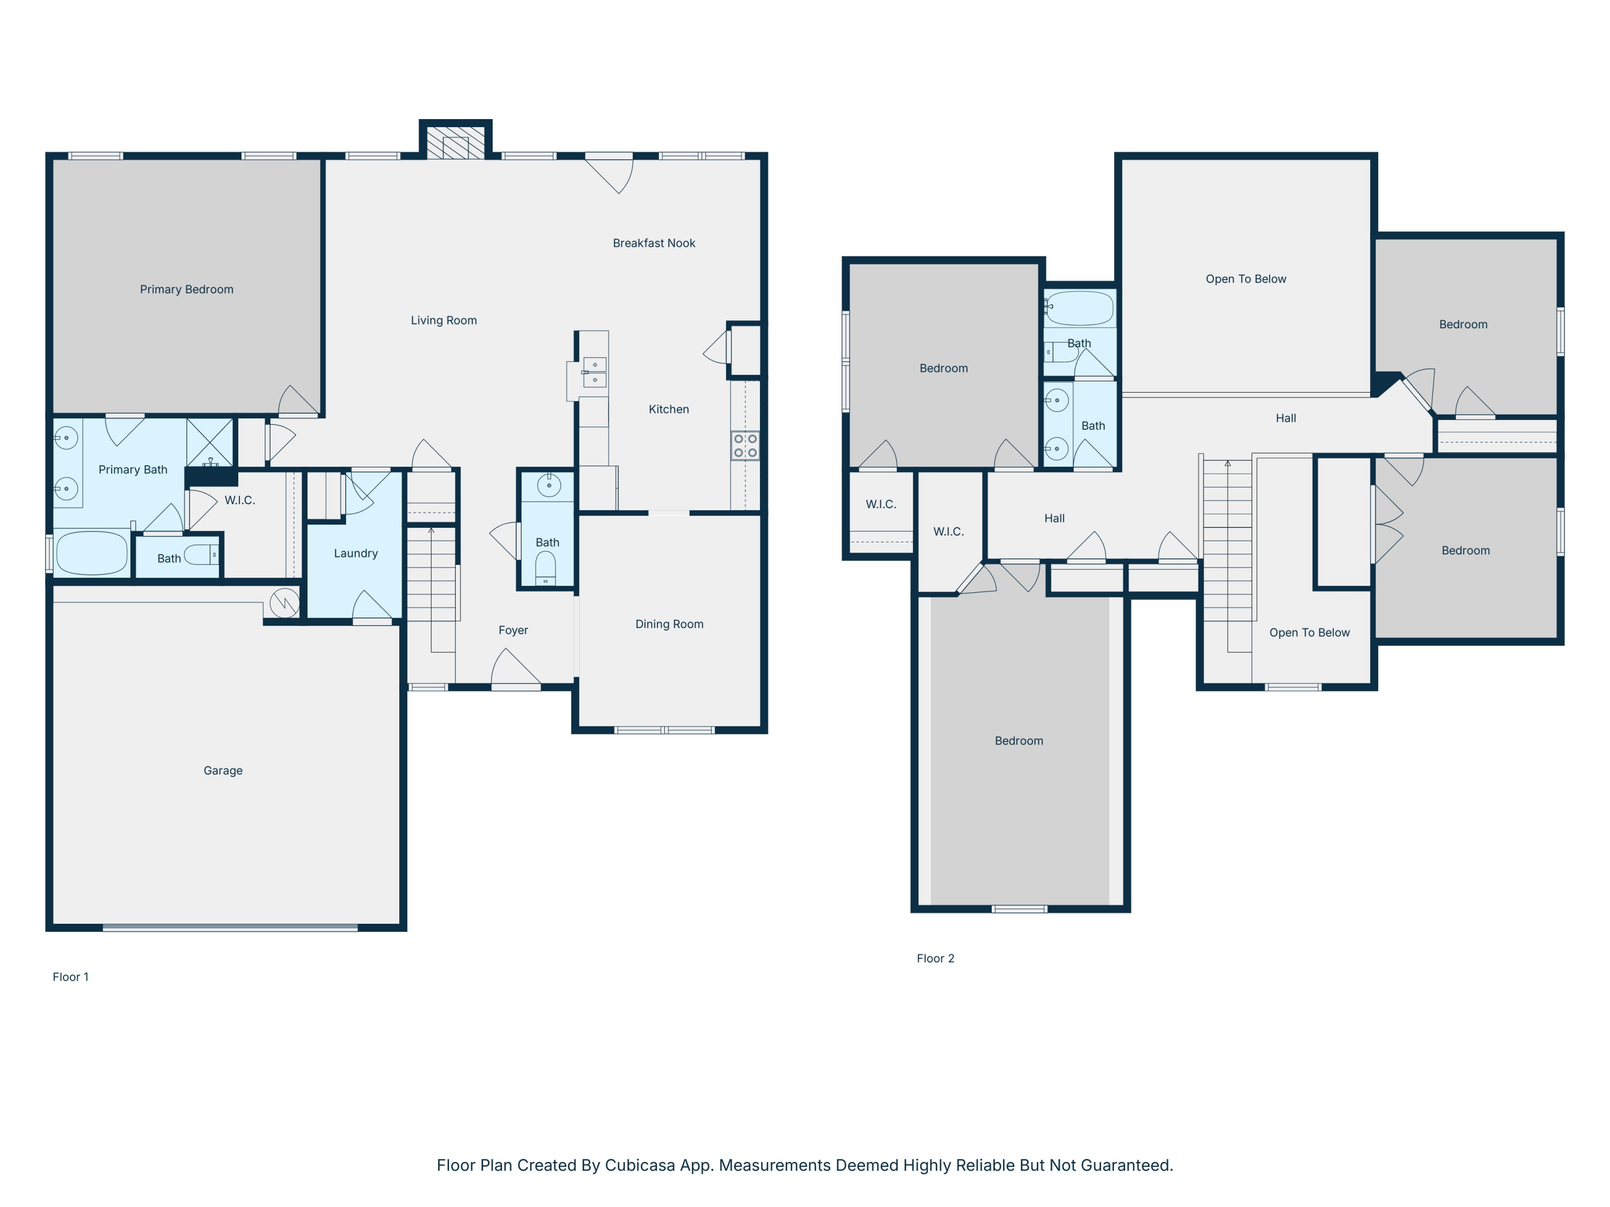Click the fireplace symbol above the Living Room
tap(456, 143)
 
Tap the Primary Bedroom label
tap(186, 290)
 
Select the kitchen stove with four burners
tap(745, 446)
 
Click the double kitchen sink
tap(595, 372)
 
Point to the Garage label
tap(223, 770)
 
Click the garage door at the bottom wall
tap(230, 928)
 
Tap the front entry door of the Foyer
tap(516, 686)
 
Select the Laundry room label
tap(355, 554)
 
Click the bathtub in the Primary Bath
tap(92, 554)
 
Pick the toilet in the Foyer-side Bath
tap(545, 568)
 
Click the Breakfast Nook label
tap(654, 243)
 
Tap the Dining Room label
tap(669, 624)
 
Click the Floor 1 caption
tap(71, 977)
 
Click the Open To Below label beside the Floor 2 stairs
tap(1309, 633)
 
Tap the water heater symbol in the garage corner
tap(284, 603)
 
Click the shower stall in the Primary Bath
tap(210, 443)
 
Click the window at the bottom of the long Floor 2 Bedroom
tap(1019, 909)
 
